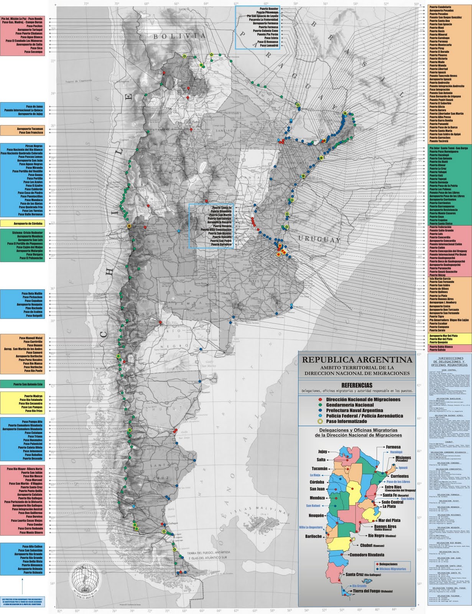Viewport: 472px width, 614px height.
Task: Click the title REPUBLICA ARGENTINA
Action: [357, 360]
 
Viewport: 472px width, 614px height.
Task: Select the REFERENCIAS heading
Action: [357, 385]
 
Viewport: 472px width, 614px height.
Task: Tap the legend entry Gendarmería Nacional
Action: [349, 405]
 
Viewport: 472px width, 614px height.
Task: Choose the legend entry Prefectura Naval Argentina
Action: [354, 410]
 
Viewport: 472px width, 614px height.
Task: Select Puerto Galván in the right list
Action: [437, 350]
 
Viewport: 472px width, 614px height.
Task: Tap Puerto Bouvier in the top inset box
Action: [268, 8]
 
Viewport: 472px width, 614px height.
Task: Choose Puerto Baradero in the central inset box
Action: [220, 244]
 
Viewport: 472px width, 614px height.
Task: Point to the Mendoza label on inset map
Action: [317, 498]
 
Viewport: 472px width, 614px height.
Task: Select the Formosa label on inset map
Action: [393, 447]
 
